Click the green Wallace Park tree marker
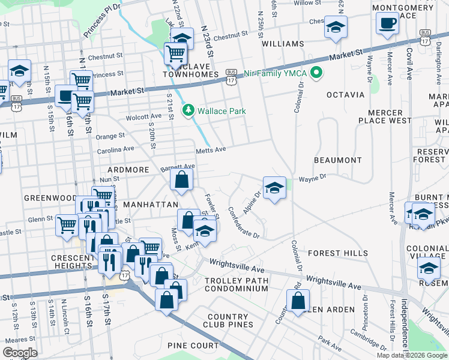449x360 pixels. point(189,110)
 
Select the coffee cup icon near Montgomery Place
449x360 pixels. point(387,24)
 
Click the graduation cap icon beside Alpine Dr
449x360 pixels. point(274,188)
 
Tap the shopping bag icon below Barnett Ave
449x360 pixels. point(181,179)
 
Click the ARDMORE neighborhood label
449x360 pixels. point(128,170)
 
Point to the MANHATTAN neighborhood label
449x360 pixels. point(147,205)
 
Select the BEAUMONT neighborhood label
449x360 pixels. point(338,160)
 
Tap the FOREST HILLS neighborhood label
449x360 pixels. point(338,253)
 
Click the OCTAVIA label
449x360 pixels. point(345,95)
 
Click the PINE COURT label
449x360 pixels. point(193,346)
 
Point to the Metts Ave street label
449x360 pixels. point(210,150)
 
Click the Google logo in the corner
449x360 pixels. point(20,352)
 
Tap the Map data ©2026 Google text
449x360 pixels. point(412,355)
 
